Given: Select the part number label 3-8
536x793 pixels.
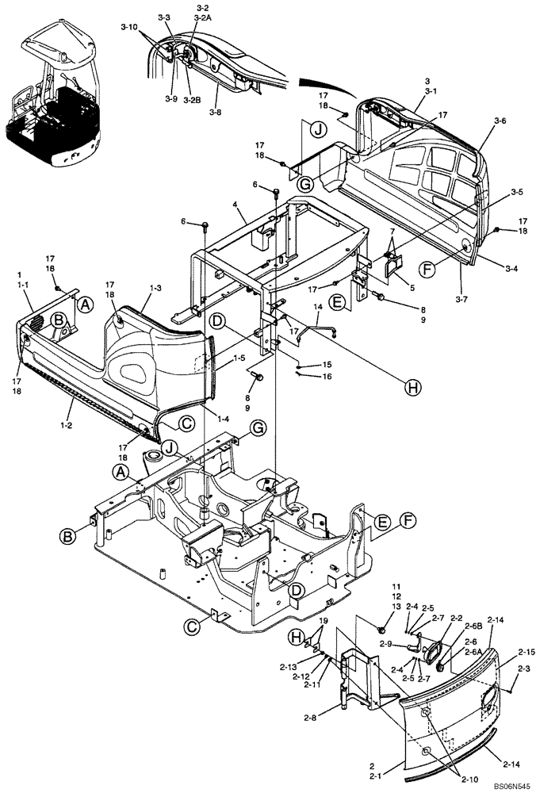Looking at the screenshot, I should [216, 113].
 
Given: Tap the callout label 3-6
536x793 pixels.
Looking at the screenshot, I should [500, 121].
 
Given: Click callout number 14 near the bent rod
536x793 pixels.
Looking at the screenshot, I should [318, 307].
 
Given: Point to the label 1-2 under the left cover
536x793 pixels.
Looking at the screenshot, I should [73, 404].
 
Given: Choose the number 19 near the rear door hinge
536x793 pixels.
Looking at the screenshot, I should [323, 620].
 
